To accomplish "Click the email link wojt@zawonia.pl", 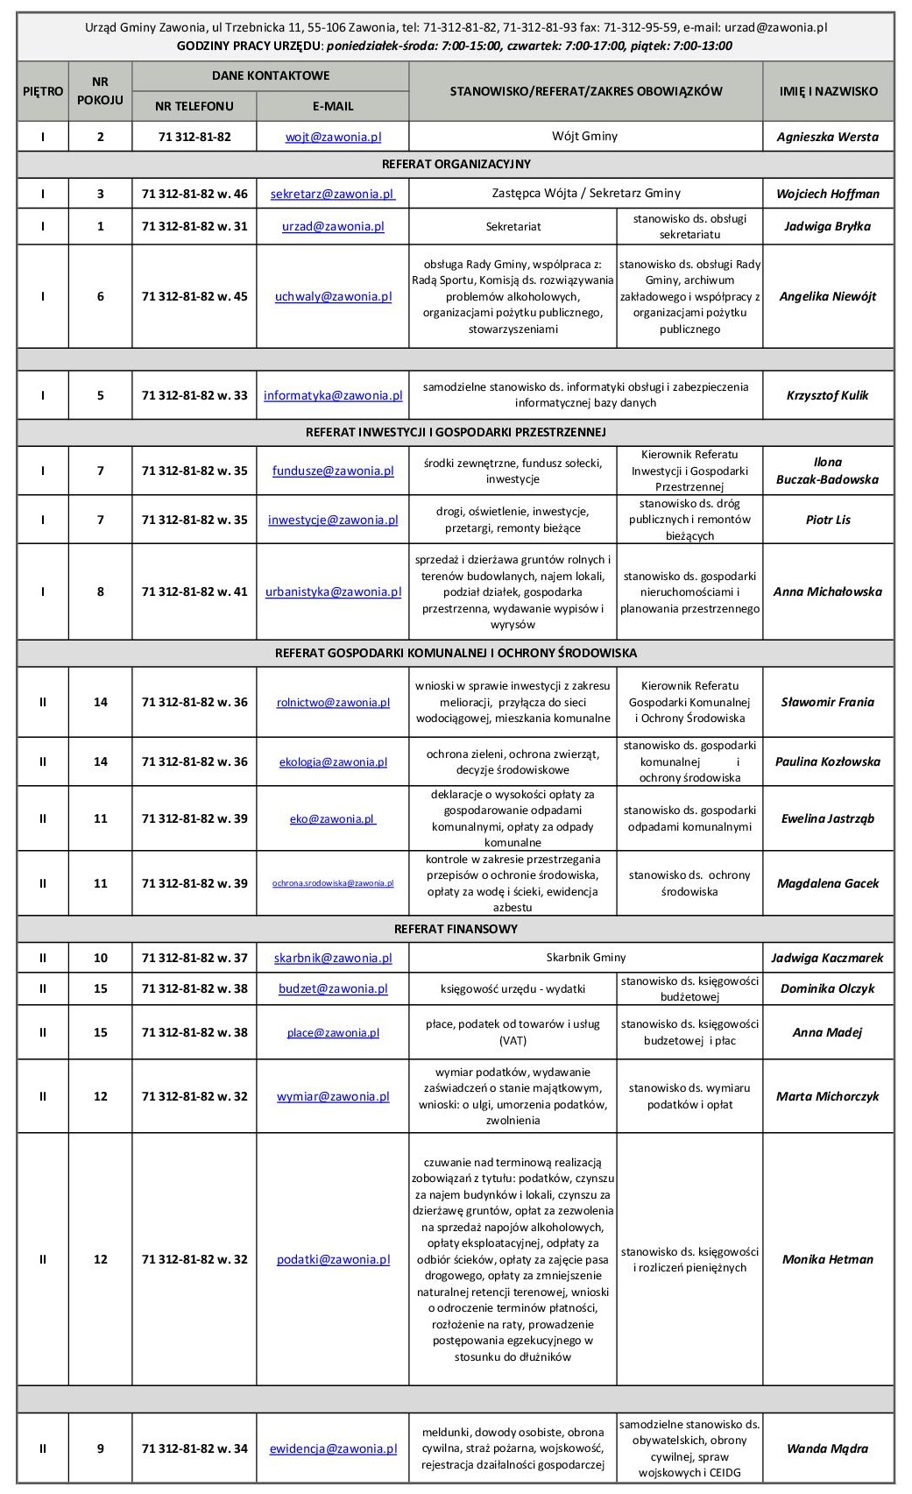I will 333,137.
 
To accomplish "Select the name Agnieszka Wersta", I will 827,137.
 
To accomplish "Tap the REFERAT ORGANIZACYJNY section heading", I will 456,164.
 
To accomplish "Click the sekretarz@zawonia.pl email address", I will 333,194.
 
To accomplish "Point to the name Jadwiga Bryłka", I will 827,226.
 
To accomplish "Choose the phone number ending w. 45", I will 194,296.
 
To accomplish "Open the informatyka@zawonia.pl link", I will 333,395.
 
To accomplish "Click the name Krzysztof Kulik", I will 827,395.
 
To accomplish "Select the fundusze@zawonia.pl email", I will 333,471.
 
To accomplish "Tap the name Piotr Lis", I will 827,520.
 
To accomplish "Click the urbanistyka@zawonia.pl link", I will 333,591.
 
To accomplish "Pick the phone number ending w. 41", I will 194,591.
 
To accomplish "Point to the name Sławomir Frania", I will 827,702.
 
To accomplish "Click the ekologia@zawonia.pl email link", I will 333,761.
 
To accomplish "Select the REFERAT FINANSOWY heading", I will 456,929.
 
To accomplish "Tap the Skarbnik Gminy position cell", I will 585,958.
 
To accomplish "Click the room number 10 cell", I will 100,958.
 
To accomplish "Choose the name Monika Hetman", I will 827,1259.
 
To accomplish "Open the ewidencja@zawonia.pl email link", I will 333,1448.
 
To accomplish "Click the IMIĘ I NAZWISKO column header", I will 827,90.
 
